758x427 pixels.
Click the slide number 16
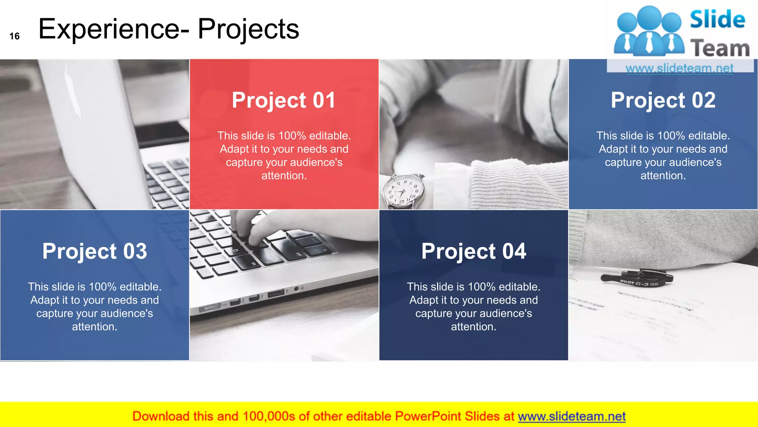tap(14, 36)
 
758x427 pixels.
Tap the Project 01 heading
tap(284, 100)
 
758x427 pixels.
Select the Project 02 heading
tap(663, 100)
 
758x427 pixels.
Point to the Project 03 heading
tap(95, 251)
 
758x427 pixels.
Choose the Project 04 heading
tap(473, 251)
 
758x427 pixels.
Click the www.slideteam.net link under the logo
tap(680, 68)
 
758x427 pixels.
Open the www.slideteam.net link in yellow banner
tap(571, 416)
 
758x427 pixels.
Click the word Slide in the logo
tap(717, 19)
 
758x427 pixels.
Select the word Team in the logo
tap(720, 48)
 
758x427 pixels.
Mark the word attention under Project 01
tap(284, 176)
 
